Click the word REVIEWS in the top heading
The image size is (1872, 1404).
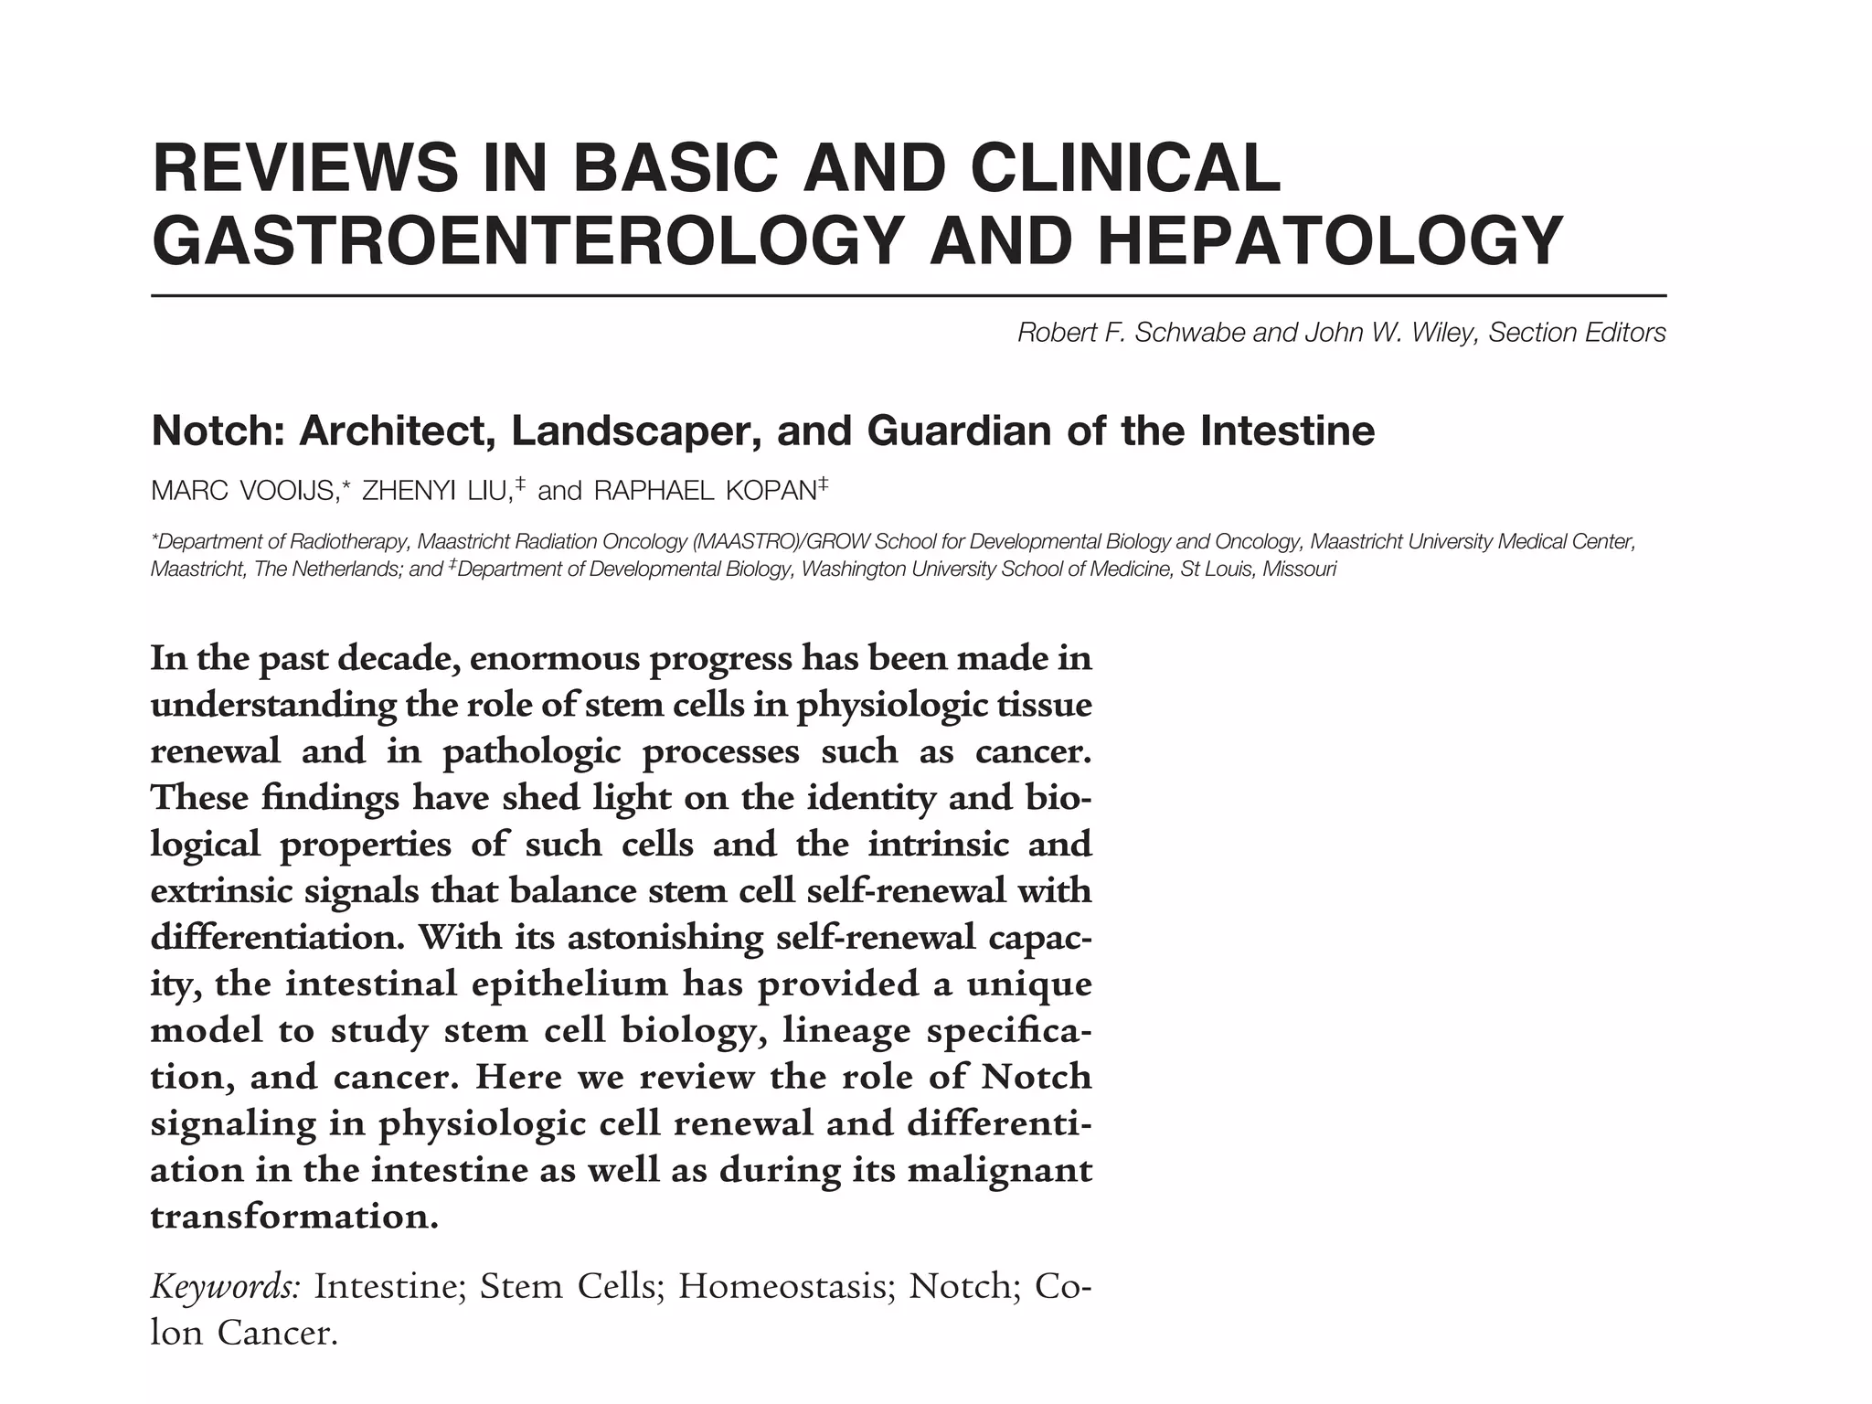click(x=304, y=168)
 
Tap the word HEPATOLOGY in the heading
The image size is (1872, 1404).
click(x=1330, y=241)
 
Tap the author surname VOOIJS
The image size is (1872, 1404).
click(x=287, y=492)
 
